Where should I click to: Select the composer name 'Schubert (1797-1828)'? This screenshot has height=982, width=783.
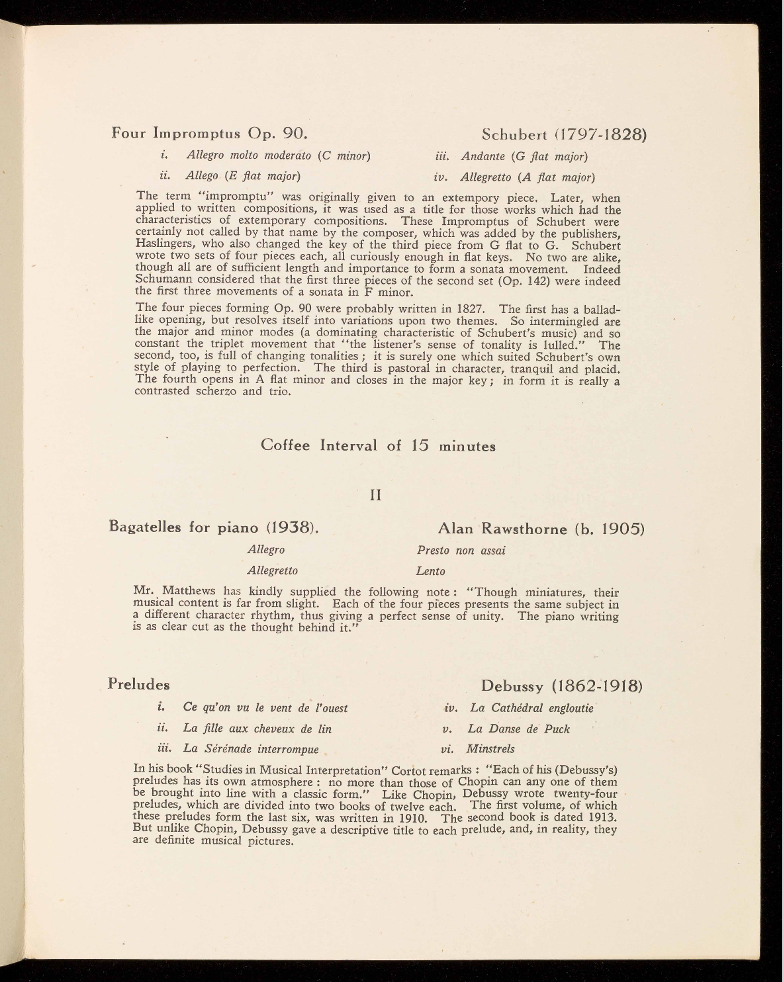(x=563, y=135)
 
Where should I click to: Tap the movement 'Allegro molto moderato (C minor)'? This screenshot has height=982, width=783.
(x=278, y=156)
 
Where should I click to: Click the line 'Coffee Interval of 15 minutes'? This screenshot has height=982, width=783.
(x=378, y=445)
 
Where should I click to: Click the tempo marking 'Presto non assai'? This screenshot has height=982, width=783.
(x=461, y=550)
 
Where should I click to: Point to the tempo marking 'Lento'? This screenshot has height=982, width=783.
(x=430, y=570)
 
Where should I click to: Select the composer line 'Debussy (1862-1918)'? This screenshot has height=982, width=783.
(x=562, y=685)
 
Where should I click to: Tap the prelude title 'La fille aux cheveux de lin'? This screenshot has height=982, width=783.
(x=257, y=729)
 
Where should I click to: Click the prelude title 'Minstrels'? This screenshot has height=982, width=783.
(x=490, y=749)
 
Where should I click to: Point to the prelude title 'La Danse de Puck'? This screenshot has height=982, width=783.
(x=518, y=729)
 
